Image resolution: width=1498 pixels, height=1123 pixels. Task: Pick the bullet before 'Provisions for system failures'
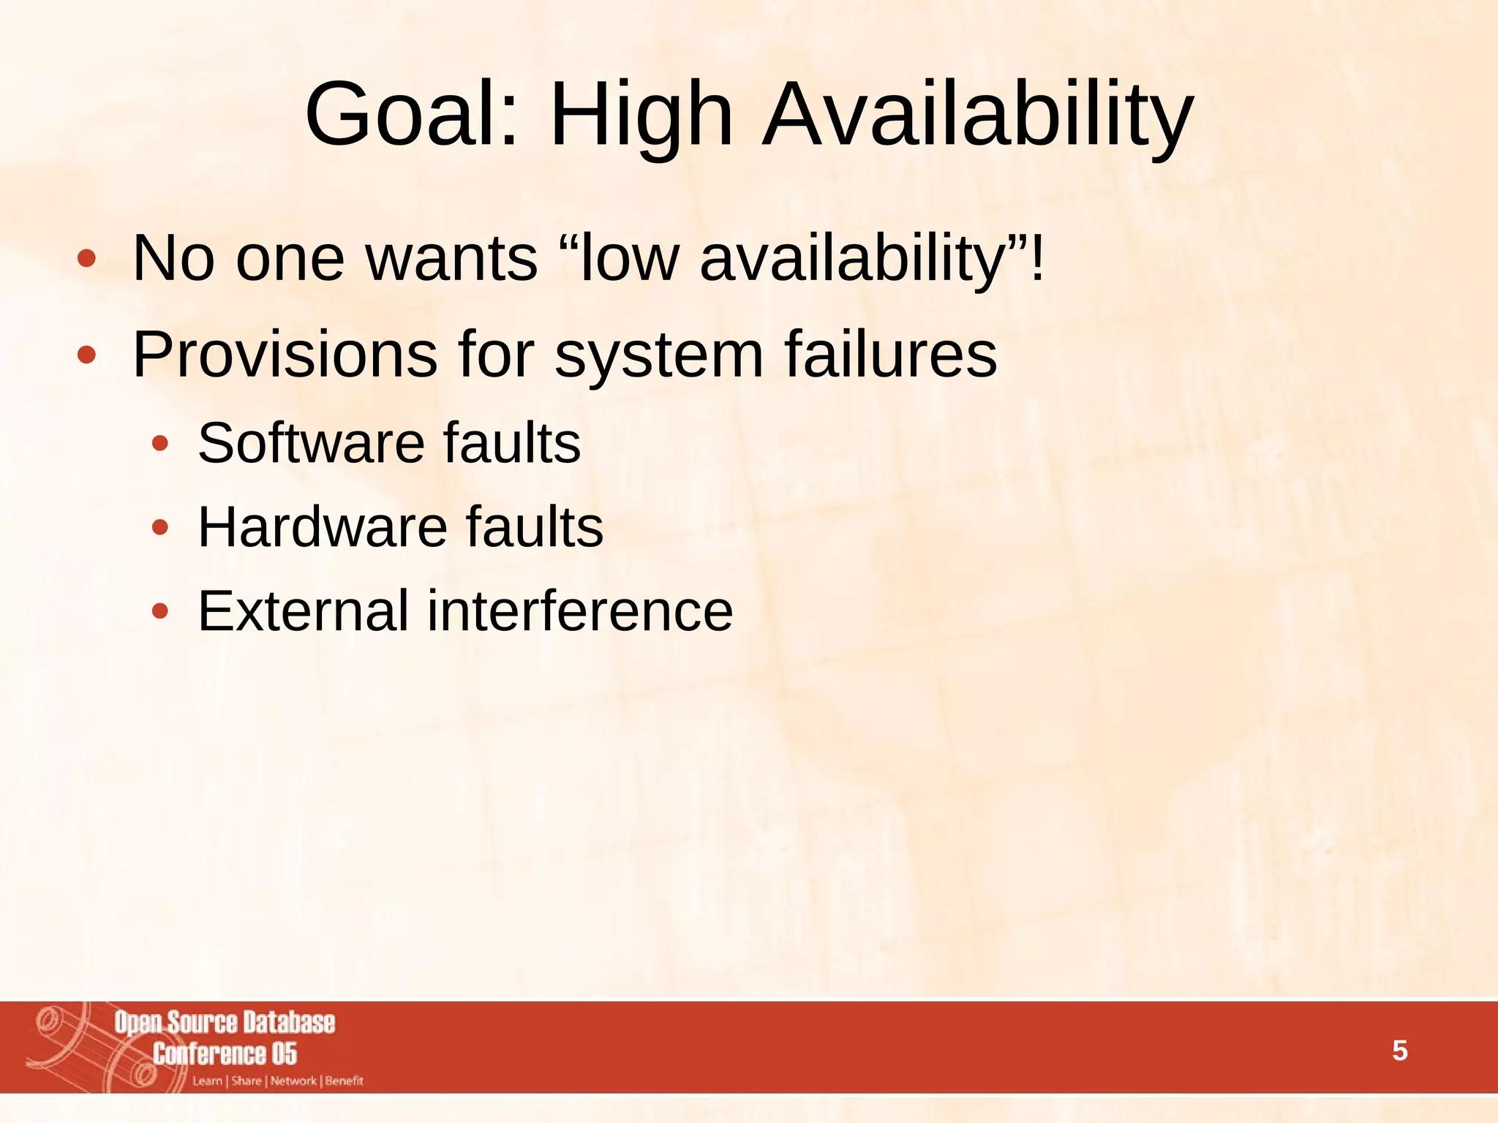[x=86, y=355]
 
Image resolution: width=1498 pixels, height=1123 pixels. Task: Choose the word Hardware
[x=323, y=527]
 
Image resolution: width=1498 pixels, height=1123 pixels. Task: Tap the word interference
[x=579, y=610]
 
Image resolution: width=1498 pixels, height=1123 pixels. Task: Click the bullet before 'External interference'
[x=160, y=611]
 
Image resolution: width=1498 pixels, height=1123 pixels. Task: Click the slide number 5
[x=1399, y=1051]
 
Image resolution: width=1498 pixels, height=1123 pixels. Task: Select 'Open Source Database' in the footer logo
[x=225, y=1023]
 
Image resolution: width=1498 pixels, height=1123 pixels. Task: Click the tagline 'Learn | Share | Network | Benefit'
[x=278, y=1081]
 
